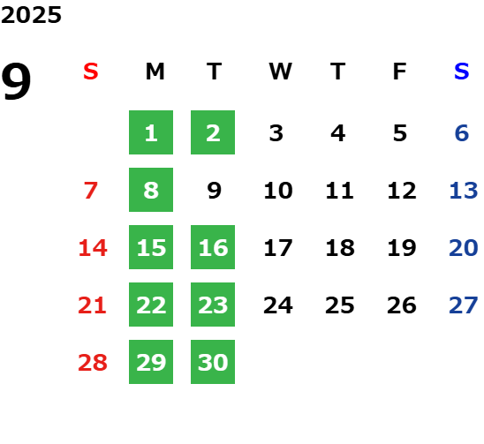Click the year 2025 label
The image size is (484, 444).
[31, 15]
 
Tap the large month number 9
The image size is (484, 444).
[16, 80]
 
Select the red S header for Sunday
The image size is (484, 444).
[91, 71]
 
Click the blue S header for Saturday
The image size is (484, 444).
[462, 71]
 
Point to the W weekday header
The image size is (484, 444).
[280, 71]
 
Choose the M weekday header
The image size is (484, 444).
[155, 71]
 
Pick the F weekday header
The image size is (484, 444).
[400, 71]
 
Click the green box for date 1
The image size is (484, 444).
[151, 132]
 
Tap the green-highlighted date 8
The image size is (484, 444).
[151, 190]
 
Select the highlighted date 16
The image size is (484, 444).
[213, 247]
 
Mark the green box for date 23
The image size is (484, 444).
[213, 305]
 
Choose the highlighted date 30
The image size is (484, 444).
[213, 362]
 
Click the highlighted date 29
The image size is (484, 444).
[151, 362]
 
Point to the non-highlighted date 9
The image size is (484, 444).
[215, 190]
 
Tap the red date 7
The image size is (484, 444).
[91, 190]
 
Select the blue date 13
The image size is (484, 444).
[464, 190]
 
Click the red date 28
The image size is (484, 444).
[93, 362]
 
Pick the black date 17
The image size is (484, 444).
[278, 247]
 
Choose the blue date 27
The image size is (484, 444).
[464, 305]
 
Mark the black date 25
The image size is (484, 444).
[339, 305]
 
